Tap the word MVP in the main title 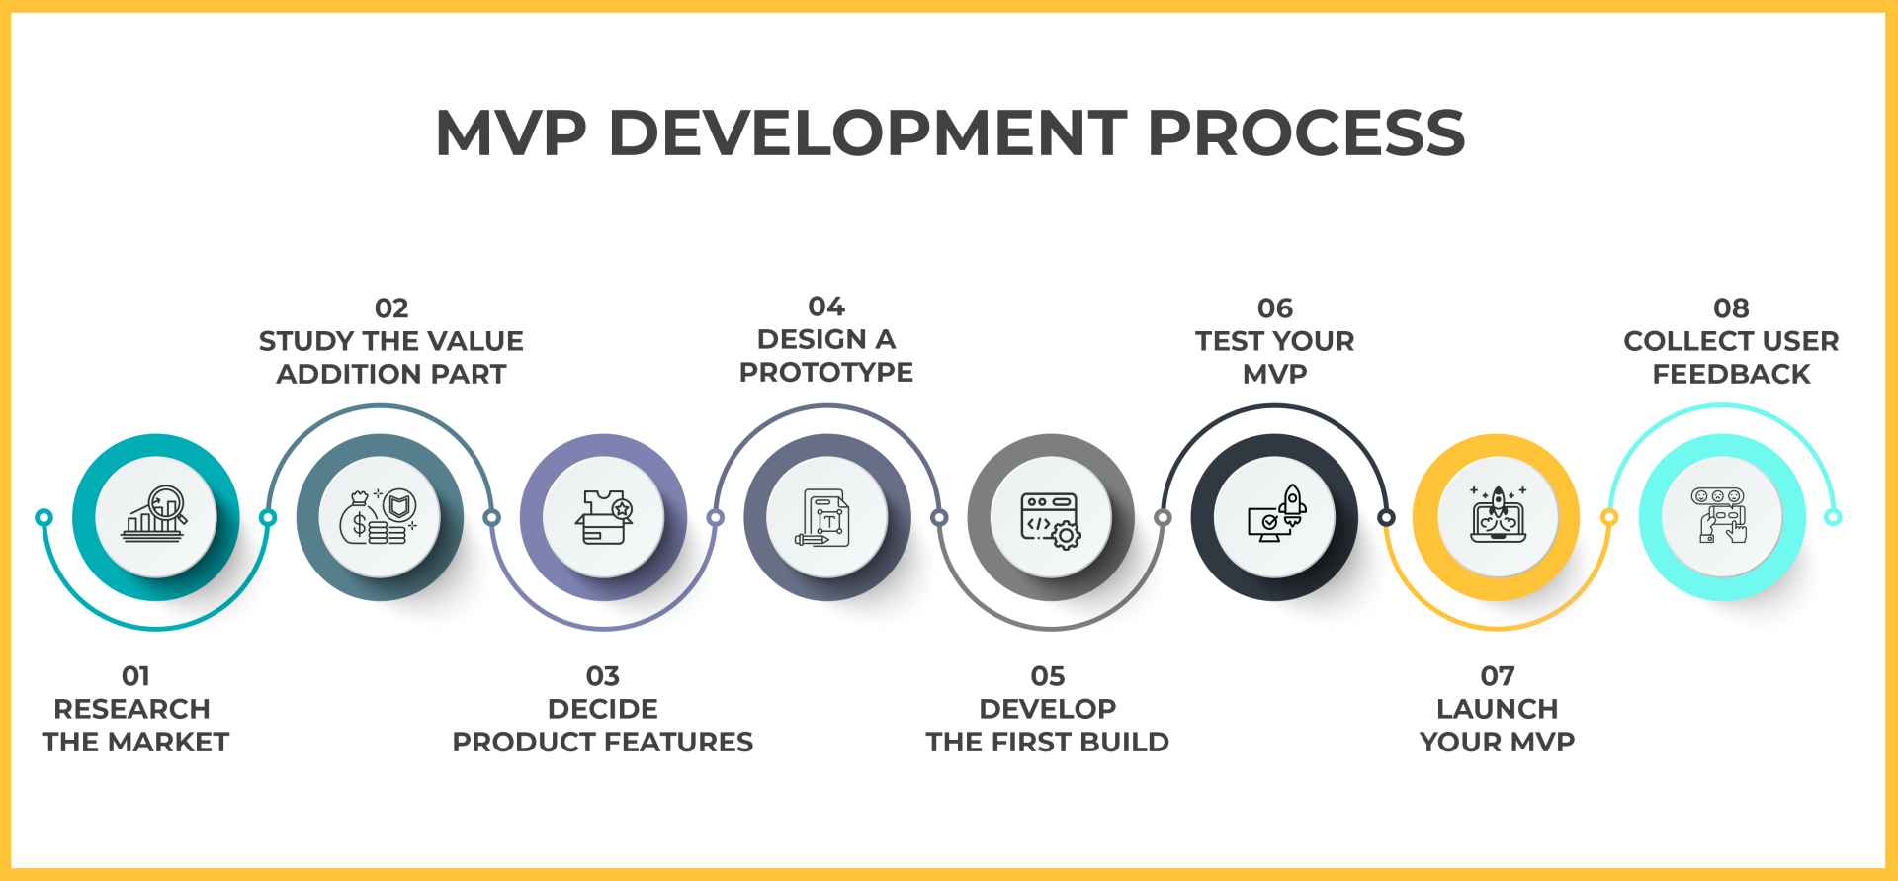511,133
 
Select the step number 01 135,676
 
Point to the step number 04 826,307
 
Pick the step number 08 1731,308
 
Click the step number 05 1048,676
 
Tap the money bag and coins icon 379,516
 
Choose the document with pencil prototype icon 826,517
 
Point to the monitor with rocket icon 1275,515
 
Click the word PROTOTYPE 826,373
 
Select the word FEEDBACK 1731,375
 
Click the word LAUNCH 1497,709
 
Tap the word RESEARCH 131,709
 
